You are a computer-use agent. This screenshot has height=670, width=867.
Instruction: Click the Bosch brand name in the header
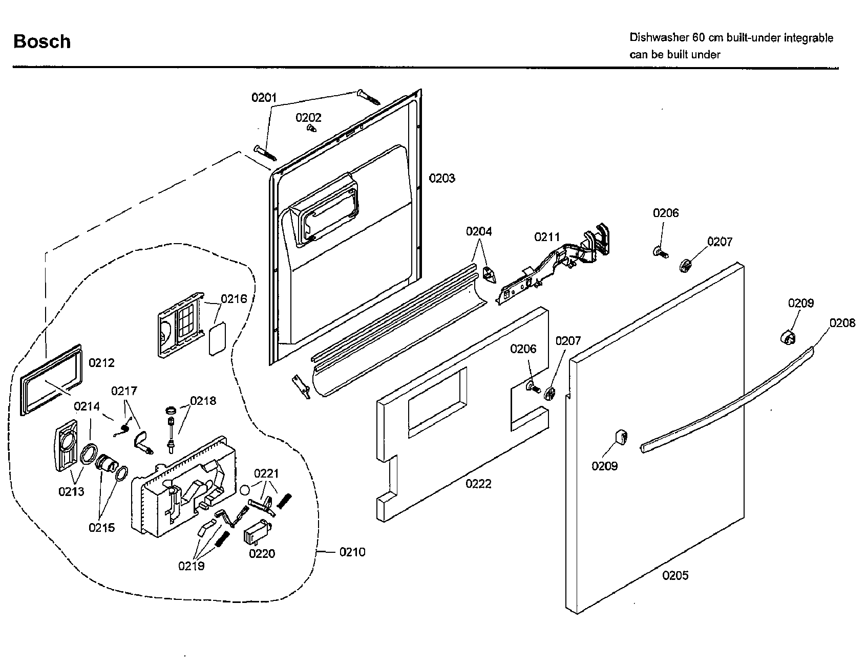(42, 41)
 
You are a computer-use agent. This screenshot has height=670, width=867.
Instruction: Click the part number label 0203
(441, 178)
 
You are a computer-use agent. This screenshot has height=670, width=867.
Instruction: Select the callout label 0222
(478, 484)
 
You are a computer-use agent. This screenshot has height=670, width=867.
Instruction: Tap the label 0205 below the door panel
(675, 575)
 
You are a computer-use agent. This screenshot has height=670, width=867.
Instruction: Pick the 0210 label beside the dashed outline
(352, 552)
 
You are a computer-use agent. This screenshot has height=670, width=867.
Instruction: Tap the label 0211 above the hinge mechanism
(547, 237)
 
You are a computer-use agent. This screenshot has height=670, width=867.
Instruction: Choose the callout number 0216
(234, 299)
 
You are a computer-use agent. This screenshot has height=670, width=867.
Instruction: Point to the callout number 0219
(191, 566)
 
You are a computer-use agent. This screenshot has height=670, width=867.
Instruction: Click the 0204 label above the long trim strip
(478, 231)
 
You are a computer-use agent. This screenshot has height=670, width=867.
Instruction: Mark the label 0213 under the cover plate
(71, 491)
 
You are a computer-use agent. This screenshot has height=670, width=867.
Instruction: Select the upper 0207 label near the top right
(720, 242)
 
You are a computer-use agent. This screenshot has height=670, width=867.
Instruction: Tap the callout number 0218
(203, 400)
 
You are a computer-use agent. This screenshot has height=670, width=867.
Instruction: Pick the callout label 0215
(102, 527)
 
